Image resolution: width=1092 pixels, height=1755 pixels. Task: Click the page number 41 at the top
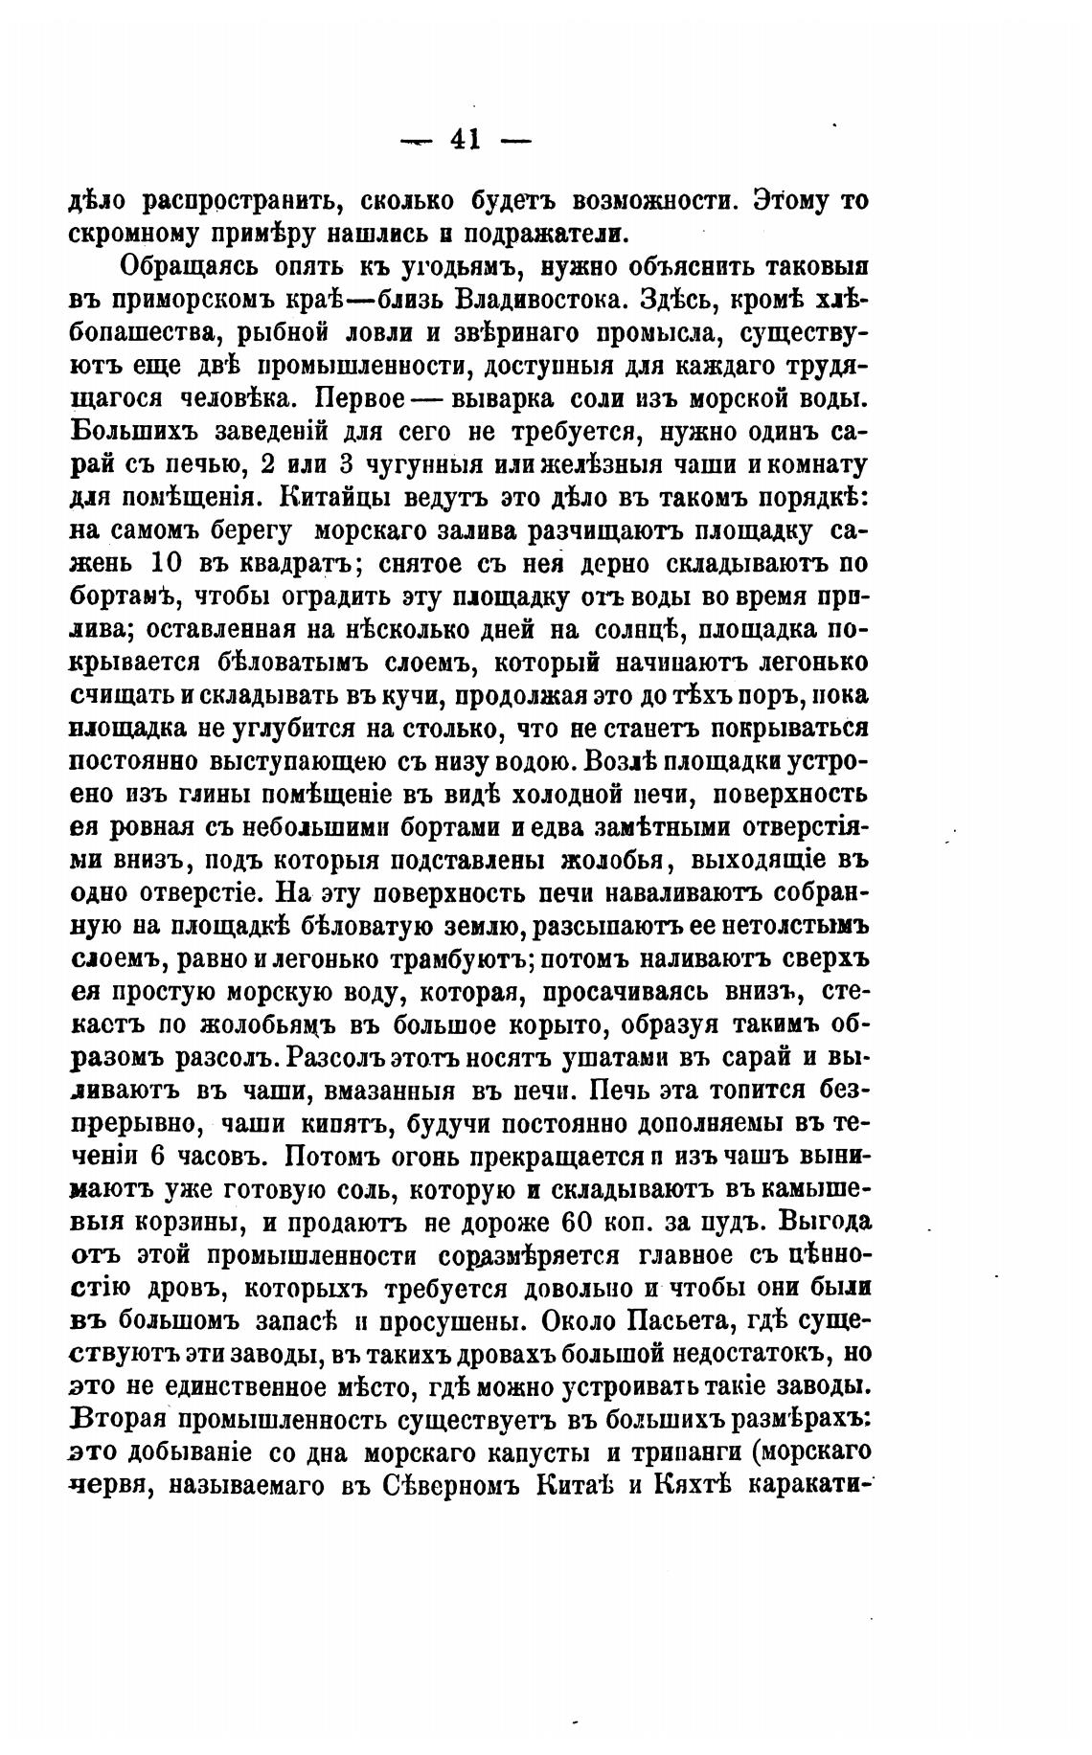click(465, 140)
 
